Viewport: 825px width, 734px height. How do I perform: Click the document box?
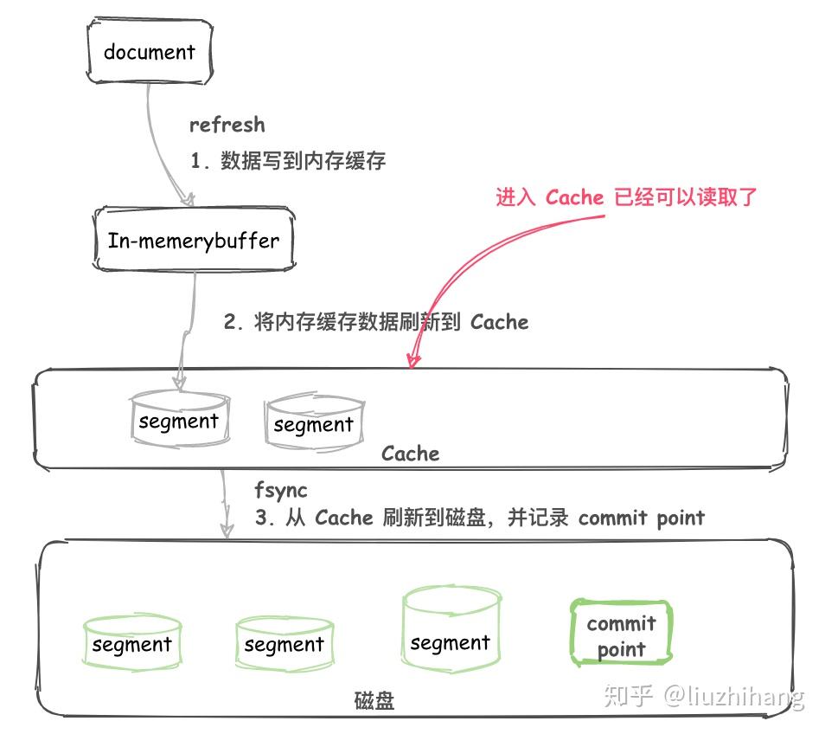(x=150, y=52)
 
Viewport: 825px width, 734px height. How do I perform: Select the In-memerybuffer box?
(x=193, y=240)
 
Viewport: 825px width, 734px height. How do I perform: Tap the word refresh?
(x=227, y=125)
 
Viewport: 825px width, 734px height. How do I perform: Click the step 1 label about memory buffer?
(x=288, y=161)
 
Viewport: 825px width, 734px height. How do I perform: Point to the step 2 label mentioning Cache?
(x=376, y=323)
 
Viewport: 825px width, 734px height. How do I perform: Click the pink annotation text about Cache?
(x=626, y=197)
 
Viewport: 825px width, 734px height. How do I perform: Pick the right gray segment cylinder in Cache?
(x=313, y=424)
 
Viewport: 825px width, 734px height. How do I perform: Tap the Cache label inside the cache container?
(x=410, y=454)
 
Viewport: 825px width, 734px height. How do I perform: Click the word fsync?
(x=281, y=491)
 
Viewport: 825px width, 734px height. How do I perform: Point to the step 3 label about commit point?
(x=480, y=518)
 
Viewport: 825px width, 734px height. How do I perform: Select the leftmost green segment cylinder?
(x=131, y=644)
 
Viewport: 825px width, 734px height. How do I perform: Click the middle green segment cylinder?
(x=284, y=644)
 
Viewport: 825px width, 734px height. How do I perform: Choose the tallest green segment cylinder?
(x=450, y=629)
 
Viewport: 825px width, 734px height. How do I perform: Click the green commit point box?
(x=621, y=634)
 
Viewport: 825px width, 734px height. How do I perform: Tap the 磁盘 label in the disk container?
(x=374, y=699)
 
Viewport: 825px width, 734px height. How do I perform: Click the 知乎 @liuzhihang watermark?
(x=704, y=696)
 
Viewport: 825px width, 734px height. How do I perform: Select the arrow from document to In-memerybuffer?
(x=164, y=147)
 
